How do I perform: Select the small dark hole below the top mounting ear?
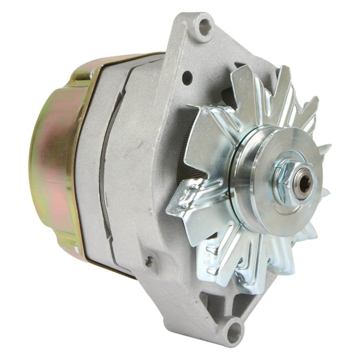click(187, 77)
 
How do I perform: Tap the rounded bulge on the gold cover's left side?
click(38, 162)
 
